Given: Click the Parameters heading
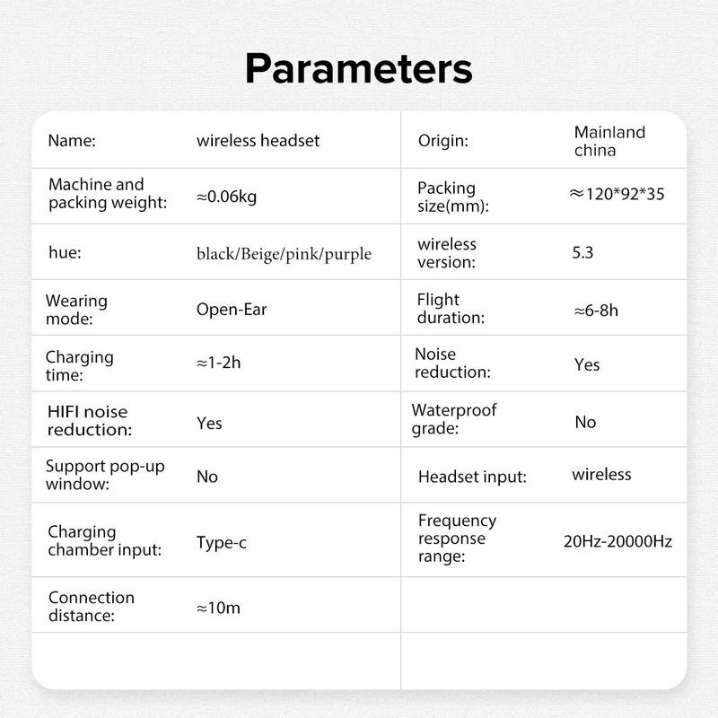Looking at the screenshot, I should coord(359,68).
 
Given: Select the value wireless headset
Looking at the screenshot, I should coord(258,141).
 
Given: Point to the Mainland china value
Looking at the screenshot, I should coord(609,141).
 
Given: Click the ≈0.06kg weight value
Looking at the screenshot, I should coord(226,197).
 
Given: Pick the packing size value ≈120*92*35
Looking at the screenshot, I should coord(617,193).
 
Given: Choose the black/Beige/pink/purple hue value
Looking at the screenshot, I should coord(284,254).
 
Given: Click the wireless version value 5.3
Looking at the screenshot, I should coord(582,252).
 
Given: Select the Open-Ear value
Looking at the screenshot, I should coord(232,310).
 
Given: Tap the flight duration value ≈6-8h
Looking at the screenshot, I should coord(596,311).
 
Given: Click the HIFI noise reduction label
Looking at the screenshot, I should coord(88,421).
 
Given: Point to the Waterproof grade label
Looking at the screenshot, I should coord(454,419).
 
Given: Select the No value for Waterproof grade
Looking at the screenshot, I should coord(585,422).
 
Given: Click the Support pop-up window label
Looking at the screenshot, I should coord(105,476).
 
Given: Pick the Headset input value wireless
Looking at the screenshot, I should coord(601,474).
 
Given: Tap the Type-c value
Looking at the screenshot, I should coord(223,542).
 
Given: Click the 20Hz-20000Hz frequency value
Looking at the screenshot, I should coord(617,541).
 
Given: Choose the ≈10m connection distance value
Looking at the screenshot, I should coord(218,608).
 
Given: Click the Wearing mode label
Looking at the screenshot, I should coord(77,310).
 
